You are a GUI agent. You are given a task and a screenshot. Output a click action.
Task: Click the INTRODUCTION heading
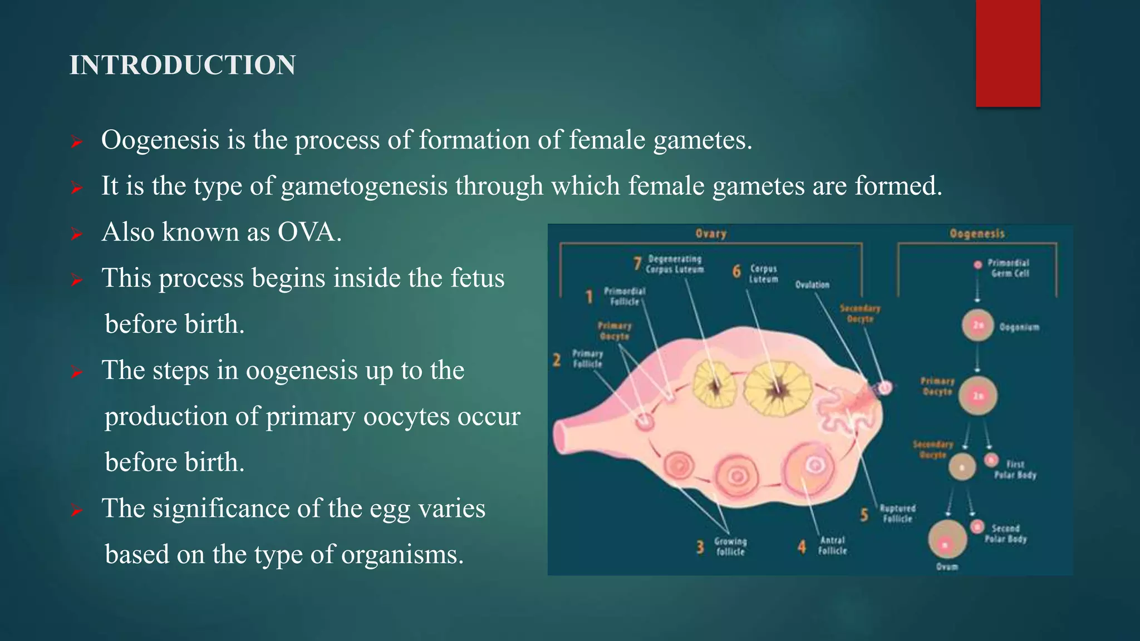click(x=183, y=65)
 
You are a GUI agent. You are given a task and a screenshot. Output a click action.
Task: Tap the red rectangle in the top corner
click(x=1008, y=53)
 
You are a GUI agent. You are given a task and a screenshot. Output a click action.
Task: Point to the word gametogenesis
click(x=364, y=186)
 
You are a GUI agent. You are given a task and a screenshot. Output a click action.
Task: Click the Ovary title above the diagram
click(x=711, y=234)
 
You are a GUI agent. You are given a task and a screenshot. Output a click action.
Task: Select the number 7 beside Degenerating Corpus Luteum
click(x=638, y=263)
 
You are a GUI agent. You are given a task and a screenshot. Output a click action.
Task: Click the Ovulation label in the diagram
click(x=812, y=285)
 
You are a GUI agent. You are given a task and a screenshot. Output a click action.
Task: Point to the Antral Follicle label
click(x=832, y=545)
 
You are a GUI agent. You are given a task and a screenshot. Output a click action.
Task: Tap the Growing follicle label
click(x=730, y=546)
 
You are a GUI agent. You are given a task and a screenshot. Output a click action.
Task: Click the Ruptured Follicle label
click(x=897, y=514)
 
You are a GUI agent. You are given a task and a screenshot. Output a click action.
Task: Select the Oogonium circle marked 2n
click(x=978, y=326)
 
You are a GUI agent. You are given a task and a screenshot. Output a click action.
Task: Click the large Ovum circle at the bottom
click(x=947, y=539)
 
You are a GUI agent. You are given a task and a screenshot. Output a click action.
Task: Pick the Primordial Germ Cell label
click(x=1009, y=268)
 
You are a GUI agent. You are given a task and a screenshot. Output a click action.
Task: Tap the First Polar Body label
click(x=1015, y=470)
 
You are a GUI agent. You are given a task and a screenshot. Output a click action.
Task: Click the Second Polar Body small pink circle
click(x=977, y=527)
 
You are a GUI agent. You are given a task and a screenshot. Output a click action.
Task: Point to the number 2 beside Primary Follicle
click(x=557, y=360)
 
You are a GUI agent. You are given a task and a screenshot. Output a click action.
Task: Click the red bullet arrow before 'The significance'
click(x=77, y=510)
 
